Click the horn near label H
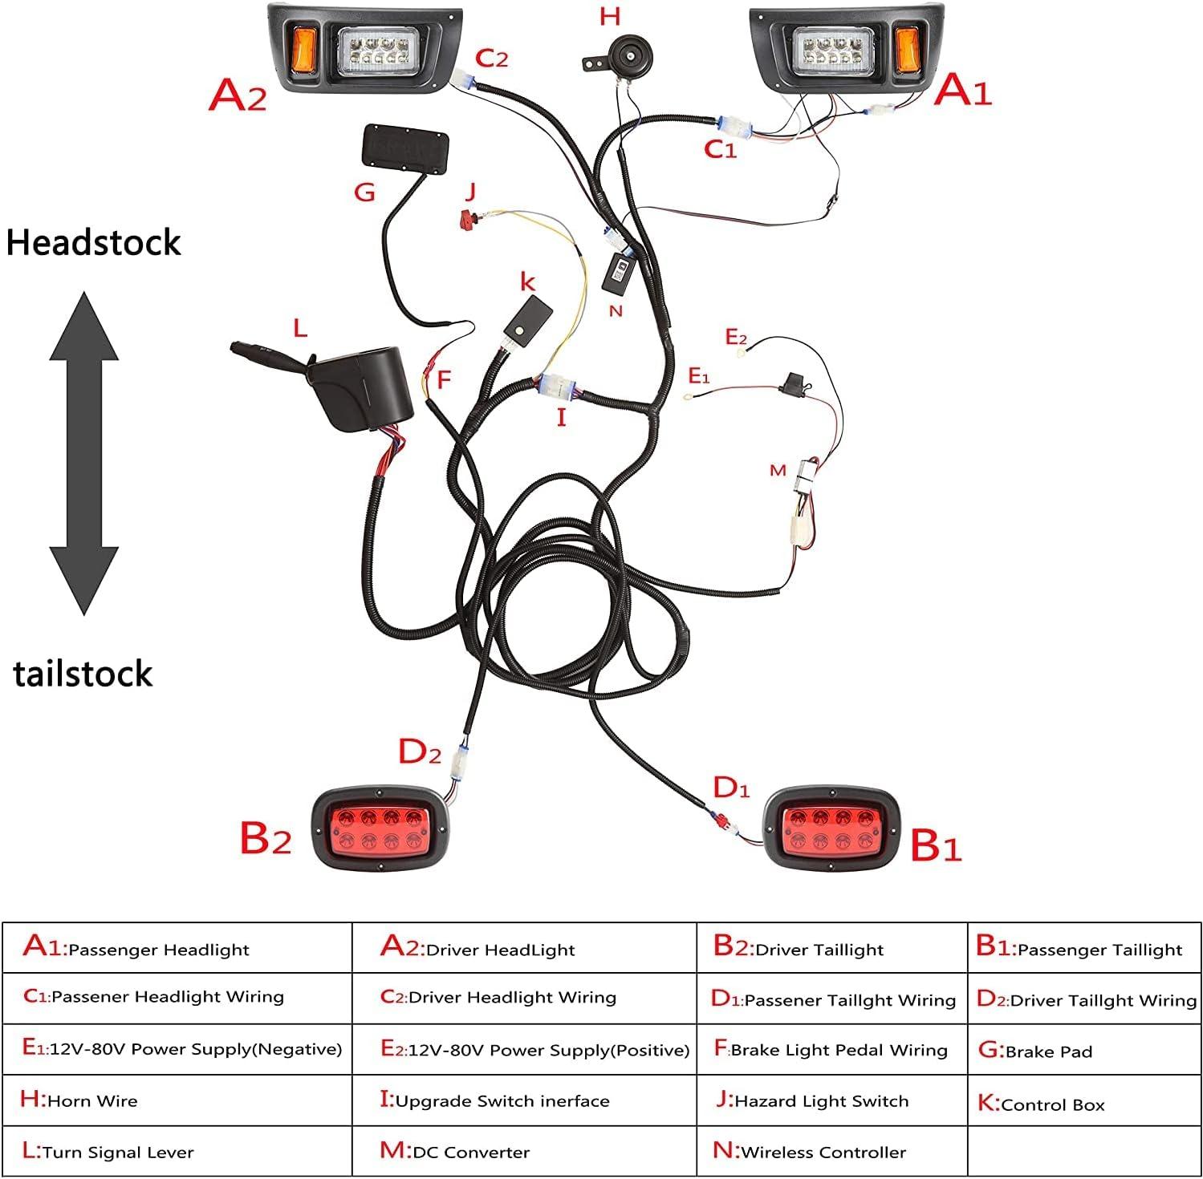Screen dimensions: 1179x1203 point(630,55)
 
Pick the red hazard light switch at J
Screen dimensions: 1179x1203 point(466,217)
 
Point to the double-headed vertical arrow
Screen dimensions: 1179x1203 point(84,452)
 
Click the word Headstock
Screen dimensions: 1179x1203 point(94,242)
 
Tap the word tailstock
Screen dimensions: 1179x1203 point(83,674)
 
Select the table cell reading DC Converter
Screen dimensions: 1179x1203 point(523,1152)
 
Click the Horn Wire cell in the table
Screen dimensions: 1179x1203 point(177,1100)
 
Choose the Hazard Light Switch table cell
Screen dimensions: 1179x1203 point(831,1100)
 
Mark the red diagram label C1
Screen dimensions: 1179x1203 point(719,149)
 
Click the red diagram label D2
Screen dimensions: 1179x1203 point(420,752)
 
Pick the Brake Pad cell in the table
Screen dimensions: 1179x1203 point(1084,1050)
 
